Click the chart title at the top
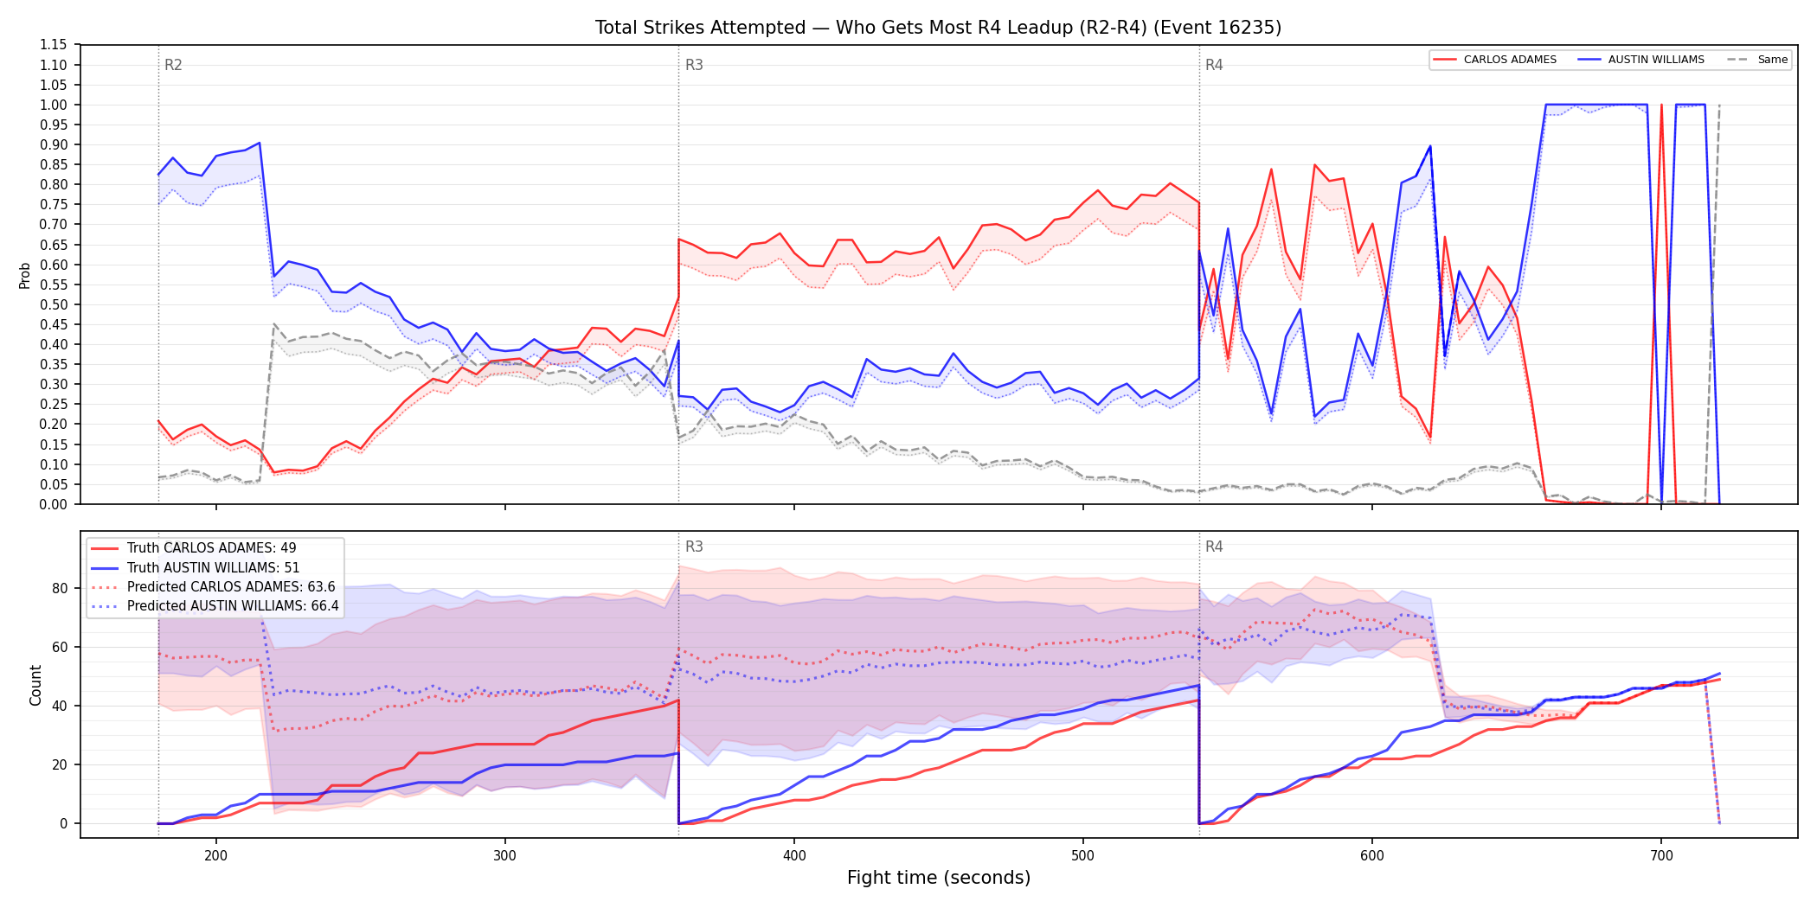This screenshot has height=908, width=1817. [x=938, y=28]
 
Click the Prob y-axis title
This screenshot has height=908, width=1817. [x=24, y=275]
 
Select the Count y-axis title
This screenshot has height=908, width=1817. [x=35, y=685]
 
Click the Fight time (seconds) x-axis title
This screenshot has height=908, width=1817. [x=939, y=878]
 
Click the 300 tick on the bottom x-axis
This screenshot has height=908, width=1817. [x=504, y=855]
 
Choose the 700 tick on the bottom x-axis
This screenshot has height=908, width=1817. [x=1661, y=855]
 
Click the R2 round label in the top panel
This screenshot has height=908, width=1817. [x=173, y=65]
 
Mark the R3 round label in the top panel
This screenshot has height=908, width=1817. [x=694, y=65]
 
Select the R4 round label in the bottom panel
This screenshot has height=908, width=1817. [x=1214, y=547]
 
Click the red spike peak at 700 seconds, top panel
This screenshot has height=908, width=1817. [x=1661, y=105]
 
